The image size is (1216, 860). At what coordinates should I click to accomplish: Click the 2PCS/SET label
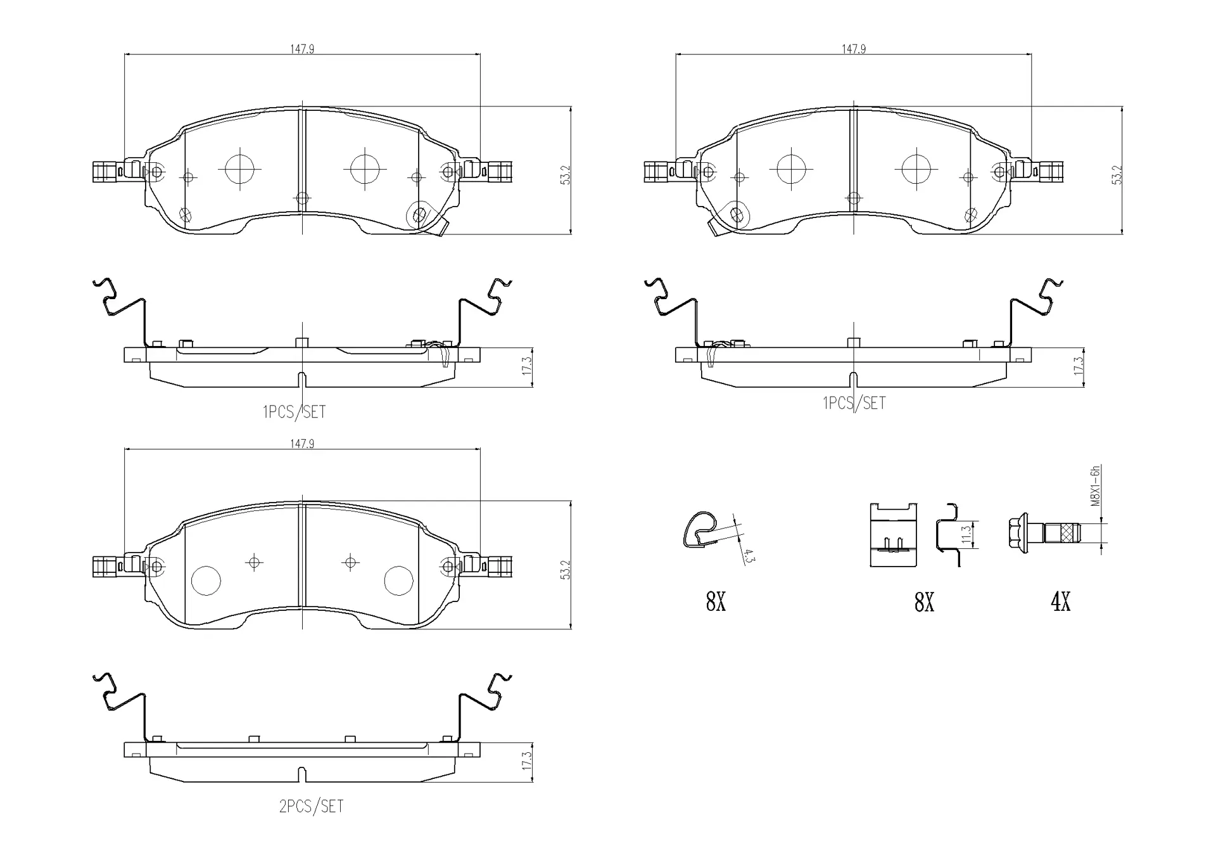point(311,806)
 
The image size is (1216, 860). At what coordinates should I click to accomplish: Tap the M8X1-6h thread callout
point(1096,486)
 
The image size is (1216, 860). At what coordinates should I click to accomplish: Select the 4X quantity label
point(1061,601)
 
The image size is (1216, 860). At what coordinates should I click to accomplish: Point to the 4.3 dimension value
point(747,557)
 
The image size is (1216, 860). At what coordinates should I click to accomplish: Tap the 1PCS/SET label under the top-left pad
point(294,412)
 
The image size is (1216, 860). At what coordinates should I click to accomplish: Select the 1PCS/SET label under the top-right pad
point(854,403)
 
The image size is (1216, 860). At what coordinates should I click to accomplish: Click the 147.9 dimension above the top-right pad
point(854,49)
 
